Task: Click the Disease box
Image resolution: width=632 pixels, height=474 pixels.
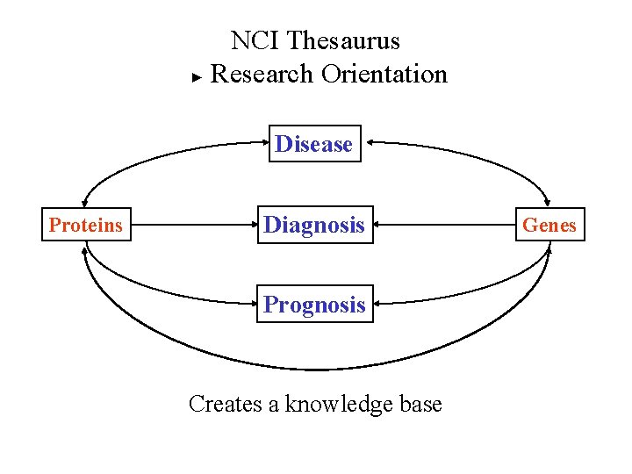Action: pos(314,144)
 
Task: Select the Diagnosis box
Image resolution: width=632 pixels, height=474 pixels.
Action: pos(314,225)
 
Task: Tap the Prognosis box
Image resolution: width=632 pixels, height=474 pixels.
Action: pos(314,305)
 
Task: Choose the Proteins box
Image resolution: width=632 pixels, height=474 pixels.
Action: pos(86,225)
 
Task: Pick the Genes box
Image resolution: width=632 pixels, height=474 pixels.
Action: pos(549,225)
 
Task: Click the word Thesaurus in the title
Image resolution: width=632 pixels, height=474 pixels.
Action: pos(343,41)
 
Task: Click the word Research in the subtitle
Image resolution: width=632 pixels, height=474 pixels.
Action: pos(262,74)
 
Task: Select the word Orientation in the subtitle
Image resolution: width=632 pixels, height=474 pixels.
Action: pos(384,74)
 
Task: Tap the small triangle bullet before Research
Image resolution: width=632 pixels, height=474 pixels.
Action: pos(197,77)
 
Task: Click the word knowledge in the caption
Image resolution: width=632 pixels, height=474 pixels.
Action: pos(338,404)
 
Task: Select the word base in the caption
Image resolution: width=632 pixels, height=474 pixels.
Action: pos(420,404)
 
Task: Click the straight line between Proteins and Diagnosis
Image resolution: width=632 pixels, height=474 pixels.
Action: pos(193,225)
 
